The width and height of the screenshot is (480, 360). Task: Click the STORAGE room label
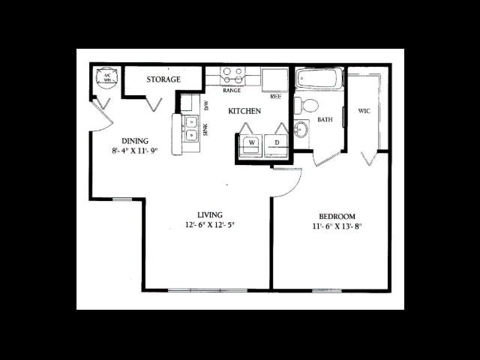pos(163,79)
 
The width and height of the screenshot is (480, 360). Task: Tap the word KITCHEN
pos(244,111)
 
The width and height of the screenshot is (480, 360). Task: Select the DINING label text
pos(135,140)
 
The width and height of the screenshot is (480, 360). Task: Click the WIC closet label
pos(364,111)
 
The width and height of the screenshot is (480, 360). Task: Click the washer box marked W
pos(252,142)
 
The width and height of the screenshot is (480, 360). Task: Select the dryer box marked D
pos(276,142)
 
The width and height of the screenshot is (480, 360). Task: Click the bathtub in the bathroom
pos(319,78)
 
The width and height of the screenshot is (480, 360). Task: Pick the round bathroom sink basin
pos(301,130)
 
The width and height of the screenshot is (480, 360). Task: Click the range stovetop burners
pos(232,76)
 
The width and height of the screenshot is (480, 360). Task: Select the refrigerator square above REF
pos(274,78)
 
